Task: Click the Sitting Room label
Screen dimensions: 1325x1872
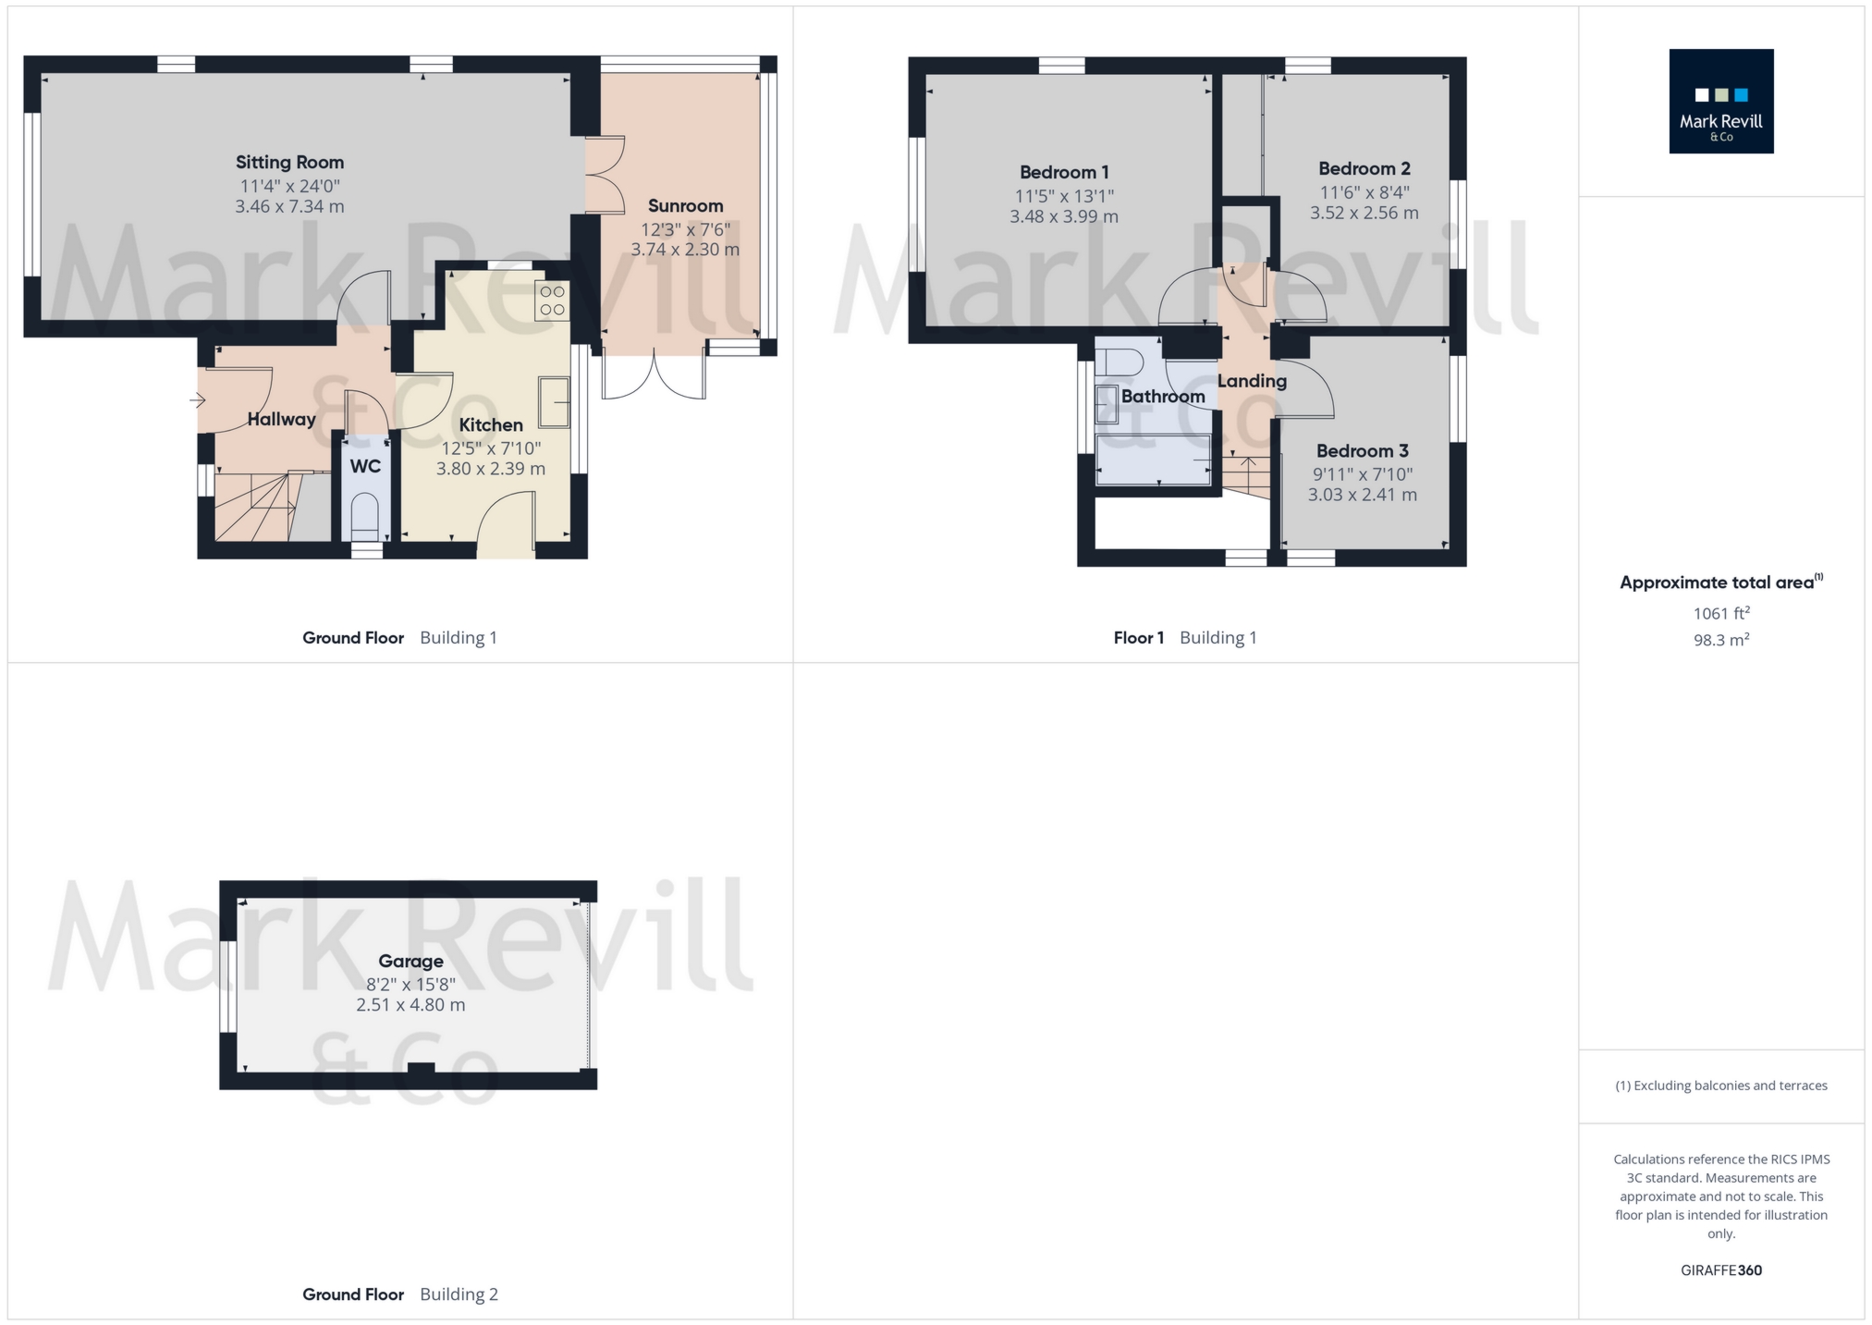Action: coord(289,163)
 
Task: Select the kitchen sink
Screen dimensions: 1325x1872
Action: coord(554,401)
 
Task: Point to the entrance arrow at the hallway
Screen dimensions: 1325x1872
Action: coord(197,400)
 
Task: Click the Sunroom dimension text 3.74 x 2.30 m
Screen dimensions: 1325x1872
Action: coord(685,250)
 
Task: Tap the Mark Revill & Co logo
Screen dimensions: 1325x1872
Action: coord(1720,102)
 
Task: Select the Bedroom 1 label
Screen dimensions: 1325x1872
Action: coord(1063,172)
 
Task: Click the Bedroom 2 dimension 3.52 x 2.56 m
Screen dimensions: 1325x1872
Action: coord(1364,213)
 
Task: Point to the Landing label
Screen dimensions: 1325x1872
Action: coord(1252,381)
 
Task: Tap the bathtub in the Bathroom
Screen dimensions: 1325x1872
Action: coord(1153,460)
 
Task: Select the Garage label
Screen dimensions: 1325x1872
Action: coord(410,961)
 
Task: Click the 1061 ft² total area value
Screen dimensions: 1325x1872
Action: coord(1720,613)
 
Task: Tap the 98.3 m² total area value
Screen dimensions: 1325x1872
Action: coord(1720,640)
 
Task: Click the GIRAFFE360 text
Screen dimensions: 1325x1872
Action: coord(1720,1270)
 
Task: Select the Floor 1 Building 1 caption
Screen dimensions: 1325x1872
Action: coord(1184,638)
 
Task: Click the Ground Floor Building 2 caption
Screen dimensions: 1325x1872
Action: coord(399,1294)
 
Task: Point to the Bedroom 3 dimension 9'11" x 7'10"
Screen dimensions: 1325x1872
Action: coord(1363,474)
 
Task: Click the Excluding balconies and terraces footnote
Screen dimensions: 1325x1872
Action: coord(1720,1086)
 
